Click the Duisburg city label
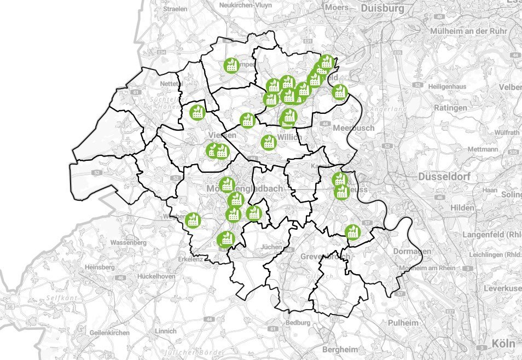pos(382,8)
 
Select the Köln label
pos(503,344)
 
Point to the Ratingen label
pos(450,108)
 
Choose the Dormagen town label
pos(411,251)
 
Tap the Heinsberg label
pos(100,267)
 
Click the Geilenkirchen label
pos(110,333)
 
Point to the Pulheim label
pos(403,323)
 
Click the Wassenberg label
pos(128,242)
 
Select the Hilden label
pos(462,208)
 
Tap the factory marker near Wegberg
pos(192,220)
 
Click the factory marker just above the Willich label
pos(269,142)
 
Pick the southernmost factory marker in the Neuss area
pos(352,232)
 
